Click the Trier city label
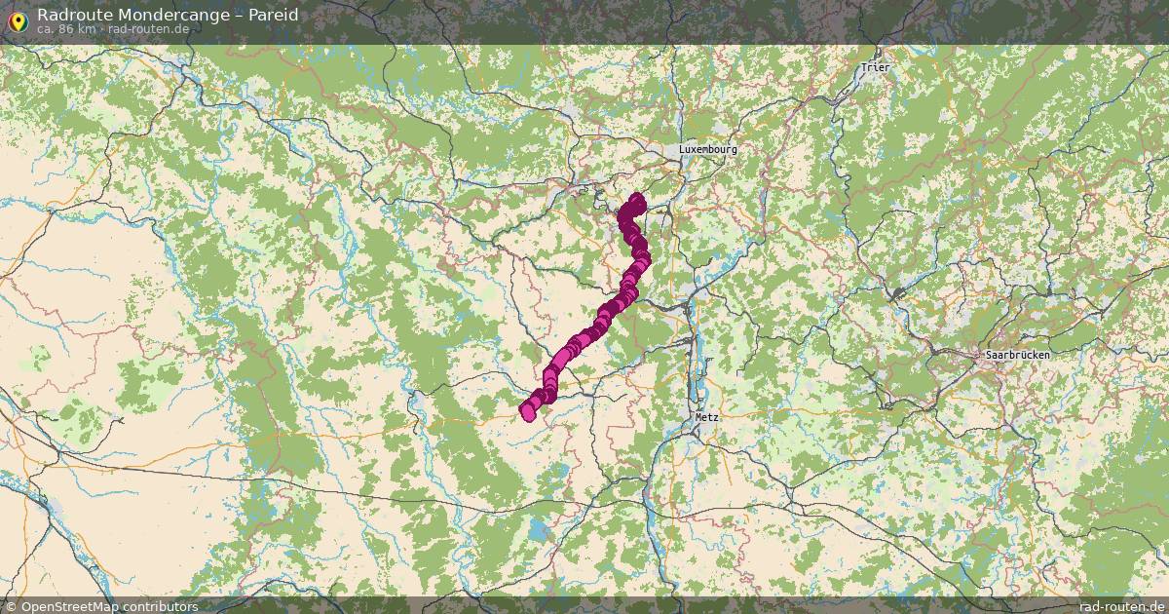876,67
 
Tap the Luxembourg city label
707,149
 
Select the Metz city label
706,416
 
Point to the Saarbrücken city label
1017,355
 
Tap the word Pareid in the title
273,15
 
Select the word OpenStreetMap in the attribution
70,606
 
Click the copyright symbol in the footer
12,606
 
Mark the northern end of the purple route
637,200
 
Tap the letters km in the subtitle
87,29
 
